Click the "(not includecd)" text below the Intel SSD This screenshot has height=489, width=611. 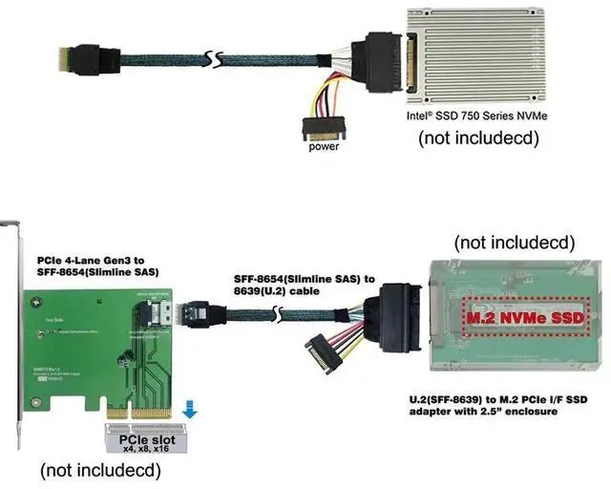tap(478, 138)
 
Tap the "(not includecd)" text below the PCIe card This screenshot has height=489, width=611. tap(99, 470)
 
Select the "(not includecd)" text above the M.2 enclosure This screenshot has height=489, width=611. tap(516, 239)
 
